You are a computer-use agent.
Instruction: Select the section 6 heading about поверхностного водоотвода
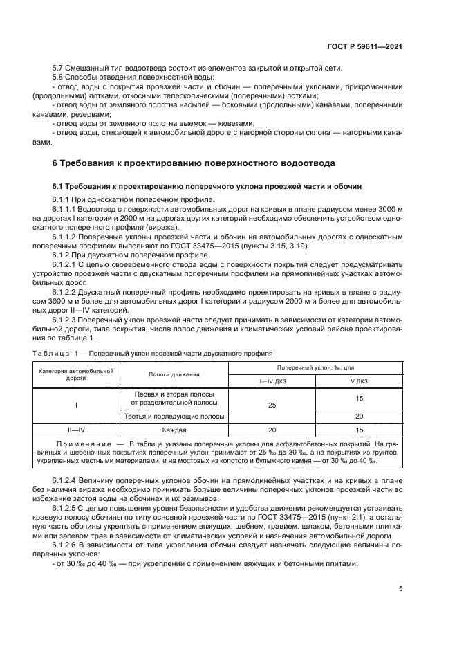point(194,163)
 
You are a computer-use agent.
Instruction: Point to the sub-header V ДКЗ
point(359,381)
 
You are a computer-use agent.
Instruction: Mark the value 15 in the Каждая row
point(359,428)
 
